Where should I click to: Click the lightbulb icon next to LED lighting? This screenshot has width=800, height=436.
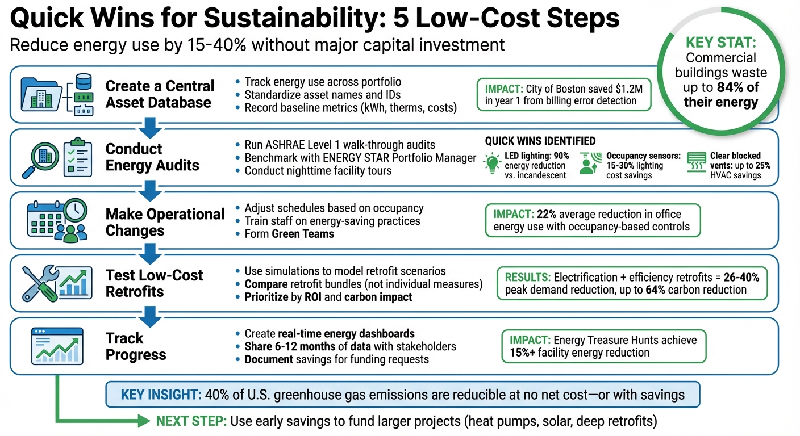[491, 163]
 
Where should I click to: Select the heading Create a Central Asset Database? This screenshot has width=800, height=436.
[160, 94]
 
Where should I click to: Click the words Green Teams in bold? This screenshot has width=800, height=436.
[303, 234]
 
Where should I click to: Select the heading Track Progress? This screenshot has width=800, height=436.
[136, 346]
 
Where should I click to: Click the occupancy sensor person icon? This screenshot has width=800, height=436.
[589, 164]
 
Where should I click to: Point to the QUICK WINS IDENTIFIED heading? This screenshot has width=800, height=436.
[540, 141]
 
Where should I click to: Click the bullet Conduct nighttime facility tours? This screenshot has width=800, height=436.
[318, 171]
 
